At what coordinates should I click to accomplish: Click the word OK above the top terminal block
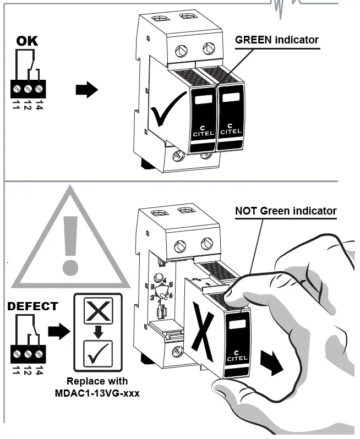(x=27, y=41)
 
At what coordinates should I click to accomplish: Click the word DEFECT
(x=32, y=306)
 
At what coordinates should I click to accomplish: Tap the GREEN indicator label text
(x=277, y=40)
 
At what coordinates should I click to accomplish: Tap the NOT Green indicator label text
(x=286, y=211)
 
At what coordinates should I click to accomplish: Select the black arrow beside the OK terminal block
(x=86, y=90)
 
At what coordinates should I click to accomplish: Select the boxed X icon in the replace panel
(x=97, y=312)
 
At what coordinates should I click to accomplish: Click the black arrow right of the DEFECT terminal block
(x=59, y=331)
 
